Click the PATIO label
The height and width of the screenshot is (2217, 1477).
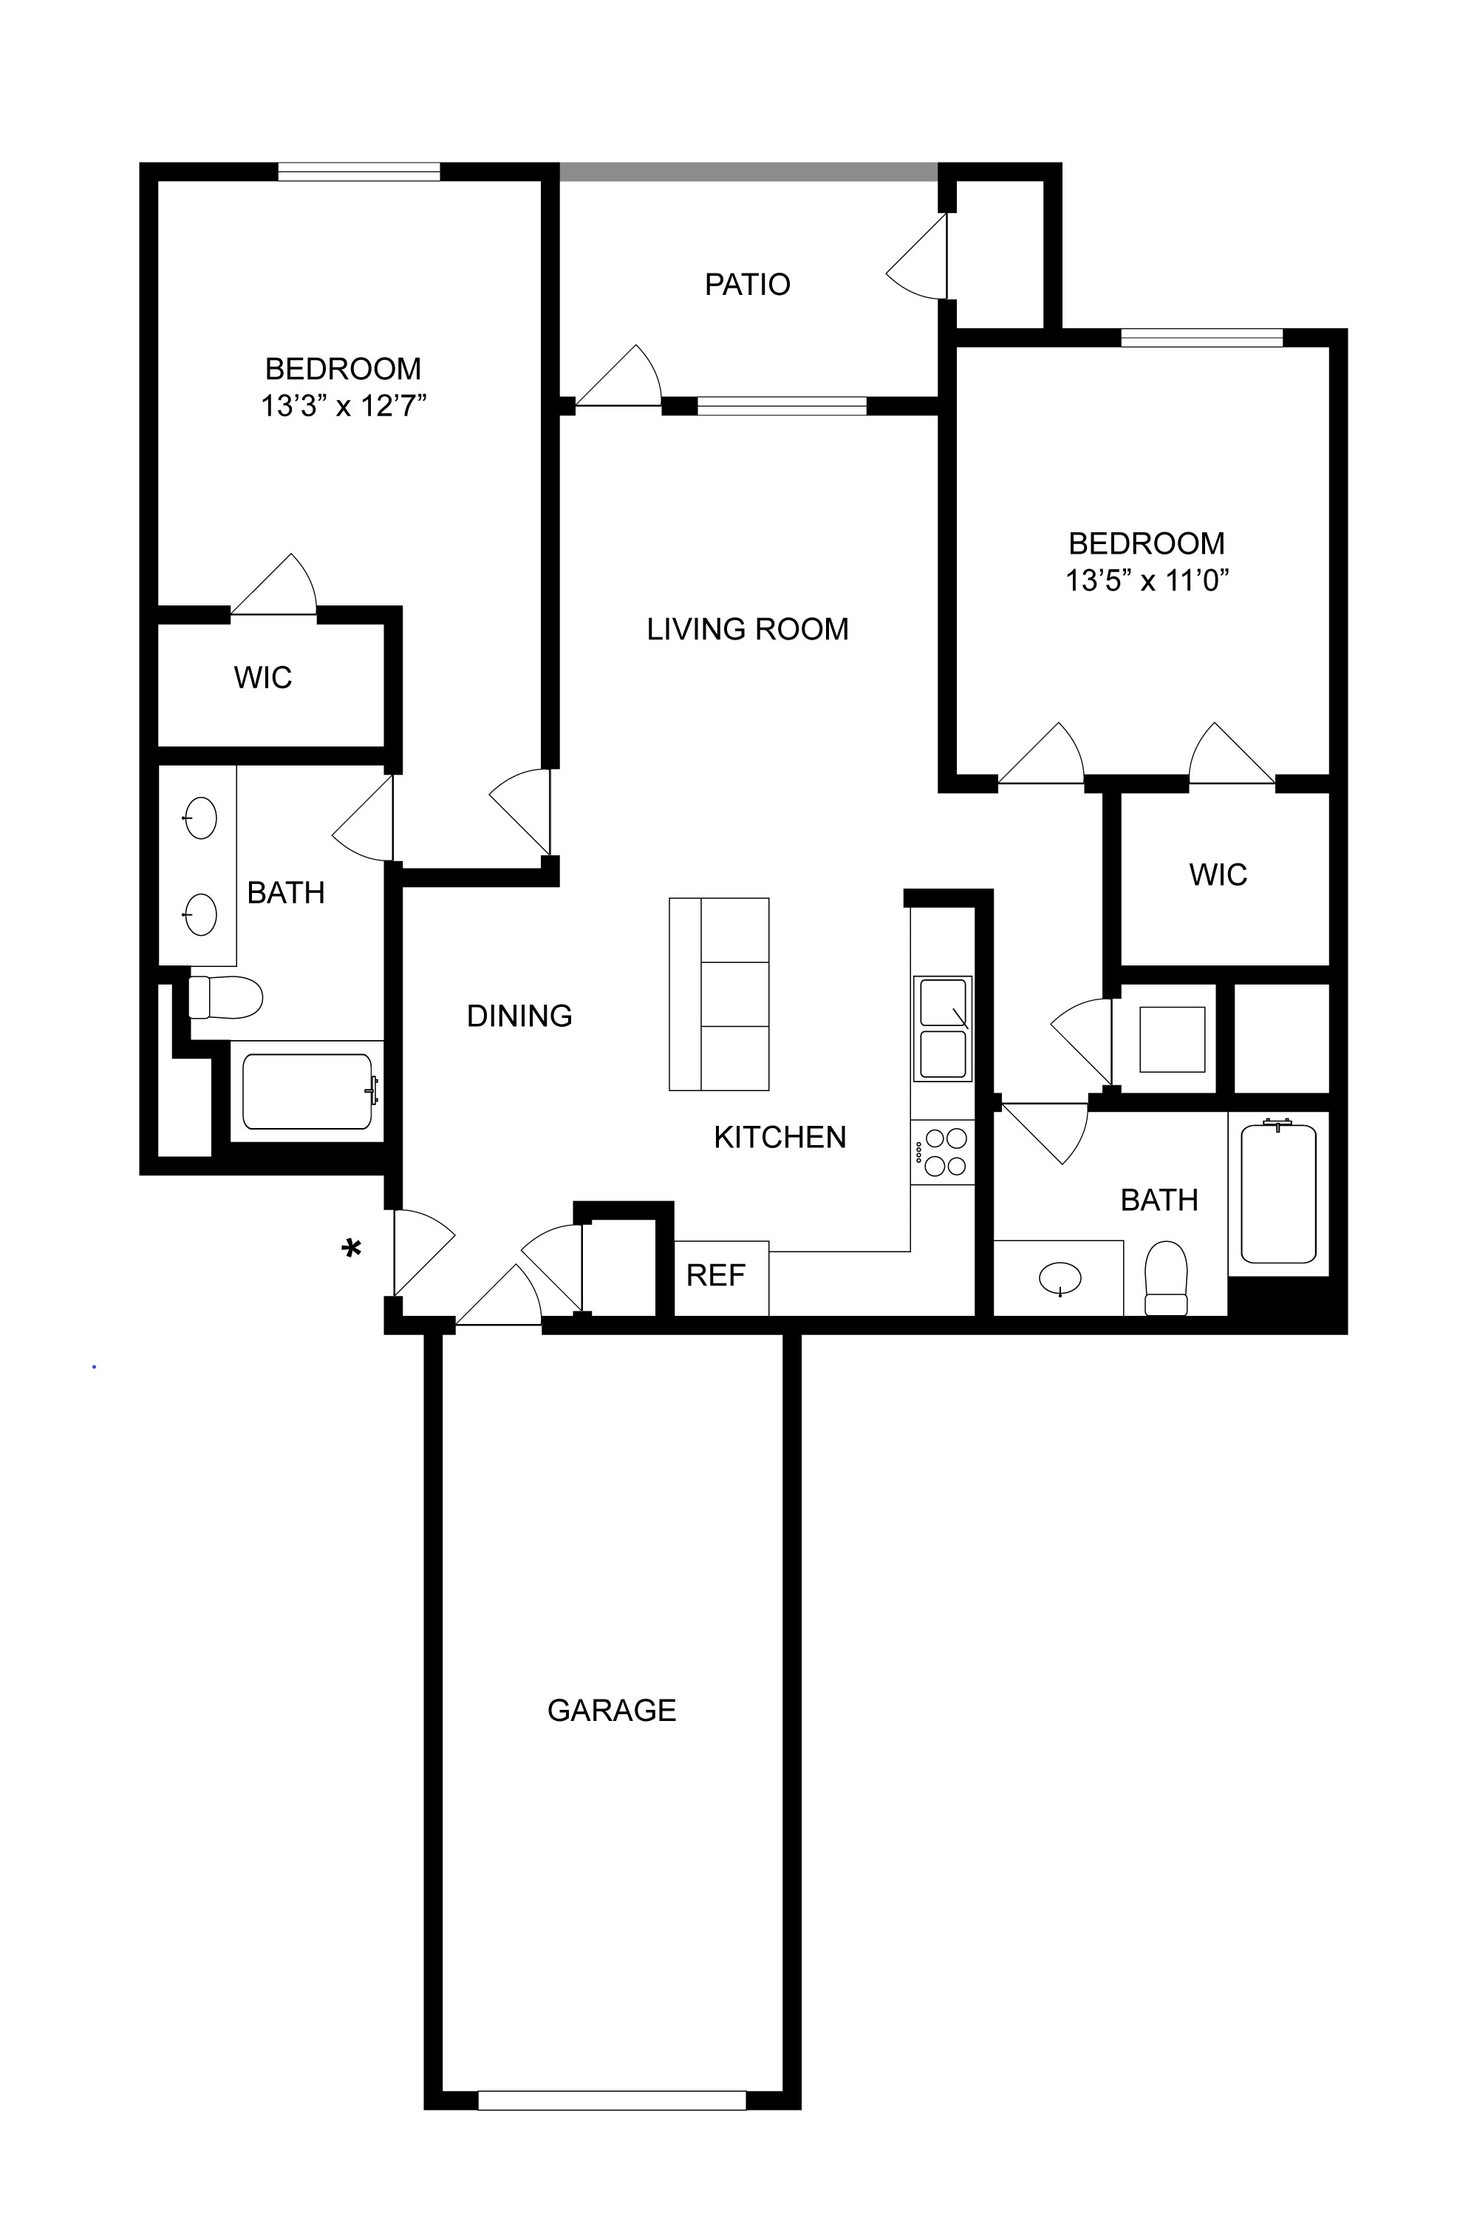coord(747,284)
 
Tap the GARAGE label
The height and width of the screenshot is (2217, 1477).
coord(611,1710)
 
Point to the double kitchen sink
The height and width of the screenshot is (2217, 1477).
coord(942,1028)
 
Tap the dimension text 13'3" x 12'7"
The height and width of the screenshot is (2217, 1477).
coord(344,406)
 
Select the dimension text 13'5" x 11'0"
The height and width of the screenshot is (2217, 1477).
coord(1147,580)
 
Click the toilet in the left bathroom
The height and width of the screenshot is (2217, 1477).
coord(225,997)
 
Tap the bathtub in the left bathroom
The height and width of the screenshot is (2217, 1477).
coord(307,1091)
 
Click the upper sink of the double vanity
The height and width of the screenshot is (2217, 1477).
coord(199,817)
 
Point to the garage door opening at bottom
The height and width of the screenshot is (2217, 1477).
coord(611,2101)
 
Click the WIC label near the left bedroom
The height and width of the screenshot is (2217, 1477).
coord(263,677)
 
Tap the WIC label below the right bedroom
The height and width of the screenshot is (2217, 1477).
coord(1218,875)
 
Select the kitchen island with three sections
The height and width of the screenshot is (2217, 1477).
coord(719,994)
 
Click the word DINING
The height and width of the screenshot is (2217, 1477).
coord(519,1016)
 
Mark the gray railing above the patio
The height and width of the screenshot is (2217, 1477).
coord(749,172)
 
